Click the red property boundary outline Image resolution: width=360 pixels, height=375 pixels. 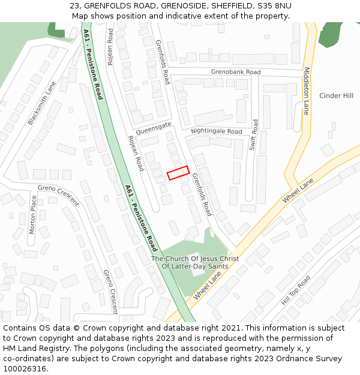pyautogui.click(x=178, y=173)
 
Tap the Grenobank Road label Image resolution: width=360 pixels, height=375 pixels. pyautogui.click(x=236, y=72)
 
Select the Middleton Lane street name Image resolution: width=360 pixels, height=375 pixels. pyautogui.click(x=306, y=91)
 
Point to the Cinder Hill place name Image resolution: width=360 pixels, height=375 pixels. pyautogui.click(x=336, y=96)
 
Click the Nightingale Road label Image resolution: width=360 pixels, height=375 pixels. pyautogui.click(x=217, y=131)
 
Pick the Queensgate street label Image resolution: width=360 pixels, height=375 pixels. pyautogui.click(x=154, y=125)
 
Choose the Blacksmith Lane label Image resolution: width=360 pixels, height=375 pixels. pyautogui.click(x=41, y=103)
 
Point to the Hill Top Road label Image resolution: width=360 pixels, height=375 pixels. pyautogui.click(x=296, y=290)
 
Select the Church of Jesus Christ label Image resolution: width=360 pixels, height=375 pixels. pyautogui.click(x=195, y=262)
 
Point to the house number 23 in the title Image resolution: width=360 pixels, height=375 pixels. pyautogui.click(x=74, y=6)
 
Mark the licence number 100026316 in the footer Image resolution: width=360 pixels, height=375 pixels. pyautogui.click(x=25, y=368)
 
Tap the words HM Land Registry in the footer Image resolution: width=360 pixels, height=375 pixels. pyautogui.click(x=31, y=348)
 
